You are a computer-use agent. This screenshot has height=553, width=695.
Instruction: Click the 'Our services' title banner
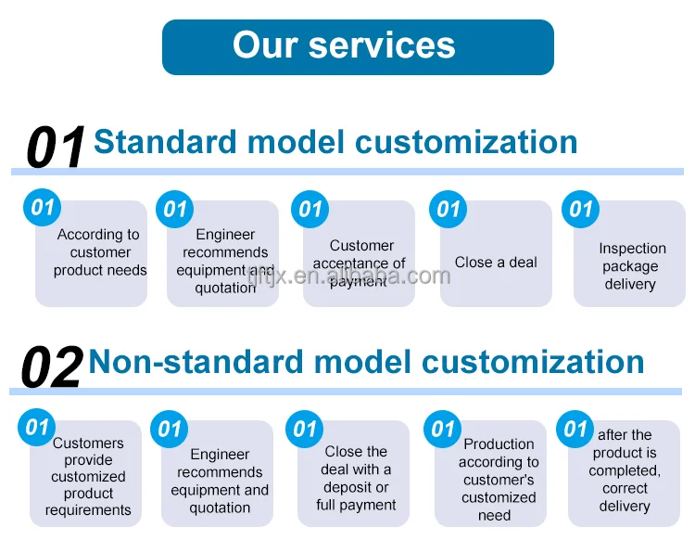click(x=358, y=47)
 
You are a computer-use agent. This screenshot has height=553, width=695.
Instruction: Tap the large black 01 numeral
click(x=56, y=146)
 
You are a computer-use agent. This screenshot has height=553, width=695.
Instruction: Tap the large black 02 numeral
click(x=52, y=367)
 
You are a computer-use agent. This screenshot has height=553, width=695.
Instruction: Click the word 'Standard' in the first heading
click(x=165, y=142)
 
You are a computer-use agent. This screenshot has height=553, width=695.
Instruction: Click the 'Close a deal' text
click(x=496, y=263)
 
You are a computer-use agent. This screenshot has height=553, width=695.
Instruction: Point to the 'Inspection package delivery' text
click(x=631, y=266)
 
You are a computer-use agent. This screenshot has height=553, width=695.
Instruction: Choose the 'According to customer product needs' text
click(x=100, y=252)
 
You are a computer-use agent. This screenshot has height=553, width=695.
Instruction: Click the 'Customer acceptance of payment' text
click(x=359, y=264)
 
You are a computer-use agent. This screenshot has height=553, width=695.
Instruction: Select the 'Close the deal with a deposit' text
click(x=356, y=469)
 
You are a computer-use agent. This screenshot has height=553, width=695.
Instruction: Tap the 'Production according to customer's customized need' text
click(x=499, y=480)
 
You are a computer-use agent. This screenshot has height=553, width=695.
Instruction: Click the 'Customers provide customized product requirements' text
click(x=88, y=476)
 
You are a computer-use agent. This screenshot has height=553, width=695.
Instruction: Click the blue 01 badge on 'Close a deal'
click(x=448, y=209)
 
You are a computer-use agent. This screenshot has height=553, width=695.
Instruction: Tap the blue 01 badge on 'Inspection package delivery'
click(x=580, y=209)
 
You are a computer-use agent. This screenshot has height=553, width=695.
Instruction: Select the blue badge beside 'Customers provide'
click(x=36, y=428)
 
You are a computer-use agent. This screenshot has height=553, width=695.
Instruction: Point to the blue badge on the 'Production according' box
click(x=442, y=430)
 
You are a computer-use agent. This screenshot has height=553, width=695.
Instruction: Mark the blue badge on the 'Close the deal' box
click(x=305, y=430)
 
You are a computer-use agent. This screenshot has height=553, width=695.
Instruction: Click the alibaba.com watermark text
click(x=348, y=276)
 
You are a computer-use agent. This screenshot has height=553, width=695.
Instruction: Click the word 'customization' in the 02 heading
click(x=533, y=362)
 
